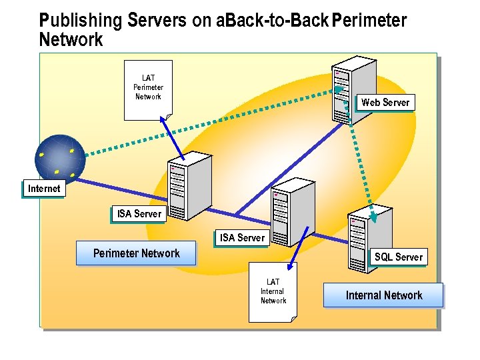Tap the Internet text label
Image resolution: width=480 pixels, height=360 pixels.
[44, 189]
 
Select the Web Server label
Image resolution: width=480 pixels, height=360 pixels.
[385, 103]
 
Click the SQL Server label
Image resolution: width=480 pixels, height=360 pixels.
[398, 257]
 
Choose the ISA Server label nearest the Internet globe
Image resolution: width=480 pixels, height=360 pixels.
[139, 214]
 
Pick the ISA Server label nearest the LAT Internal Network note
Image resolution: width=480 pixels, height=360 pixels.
[242, 238]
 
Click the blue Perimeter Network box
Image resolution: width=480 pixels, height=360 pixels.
[136, 253]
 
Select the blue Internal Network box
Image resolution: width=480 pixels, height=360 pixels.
[383, 295]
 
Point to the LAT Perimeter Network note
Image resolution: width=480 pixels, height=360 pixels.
[148, 89]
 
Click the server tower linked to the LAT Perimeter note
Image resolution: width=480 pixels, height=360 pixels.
[186, 184]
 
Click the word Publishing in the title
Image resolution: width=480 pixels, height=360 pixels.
[80, 21]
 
